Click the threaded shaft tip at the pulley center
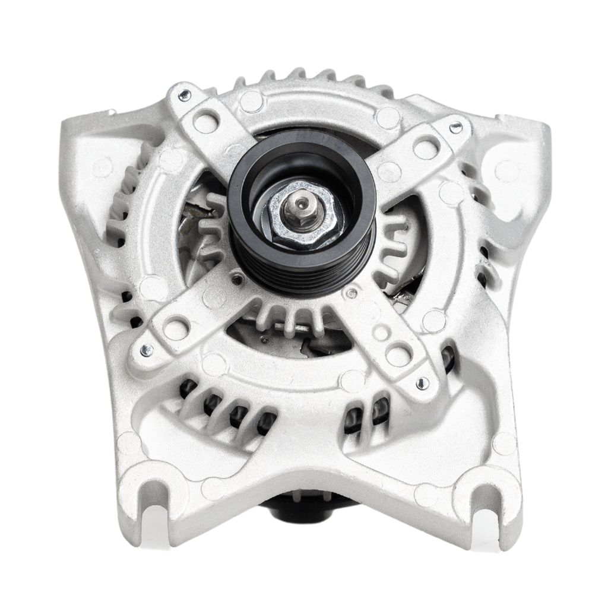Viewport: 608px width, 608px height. (298, 205)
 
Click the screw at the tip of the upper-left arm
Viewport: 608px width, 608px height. (185, 95)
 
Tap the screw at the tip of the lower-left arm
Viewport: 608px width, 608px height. (145, 351)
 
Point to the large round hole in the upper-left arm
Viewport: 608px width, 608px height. (205, 122)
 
